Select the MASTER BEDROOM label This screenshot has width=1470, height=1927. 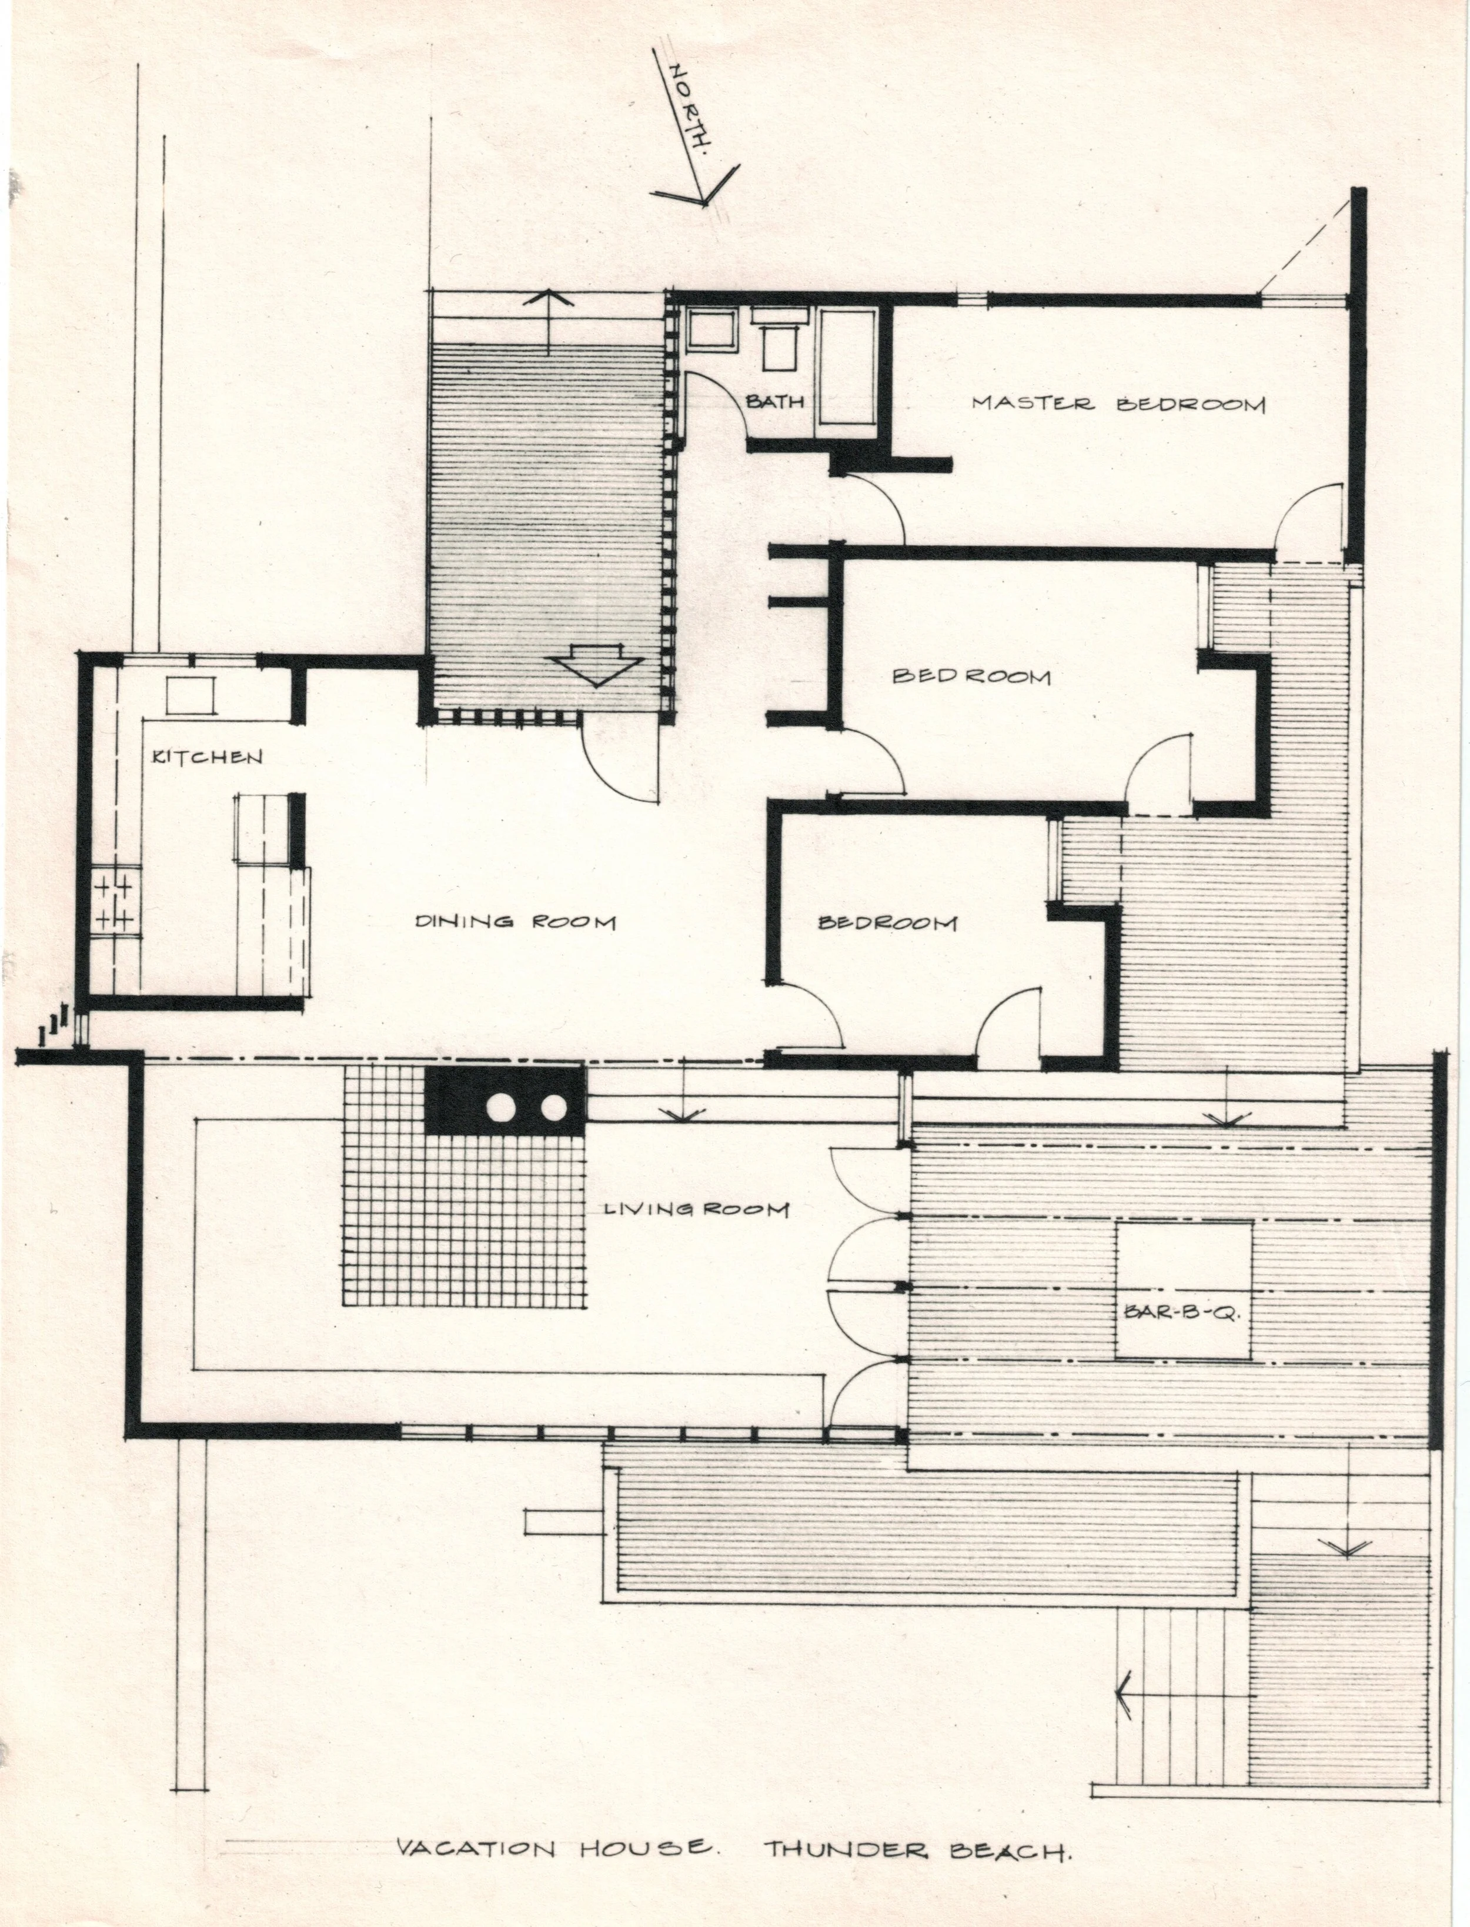pyautogui.click(x=1119, y=404)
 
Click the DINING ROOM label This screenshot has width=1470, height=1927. pyautogui.click(x=514, y=922)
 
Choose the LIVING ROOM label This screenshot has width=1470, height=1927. pyautogui.click(x=697, y=1211)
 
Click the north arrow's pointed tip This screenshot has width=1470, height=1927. pyautogui.click(x=703, y=203)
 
